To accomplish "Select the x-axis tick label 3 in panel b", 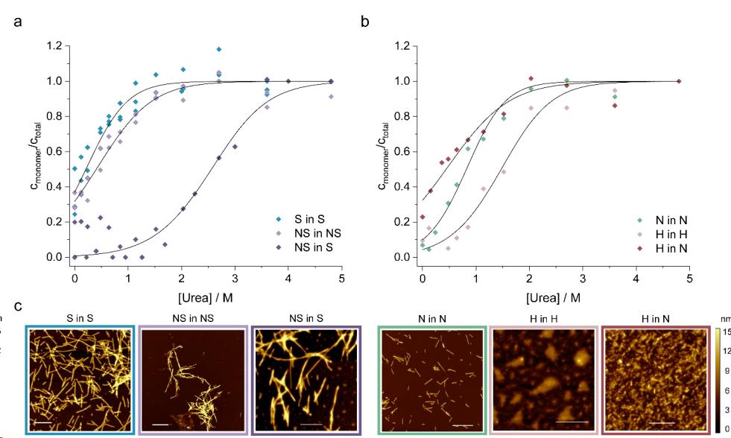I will [583, 279].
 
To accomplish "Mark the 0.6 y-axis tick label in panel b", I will [403, 151].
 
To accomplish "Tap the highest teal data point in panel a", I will [218, 49].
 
